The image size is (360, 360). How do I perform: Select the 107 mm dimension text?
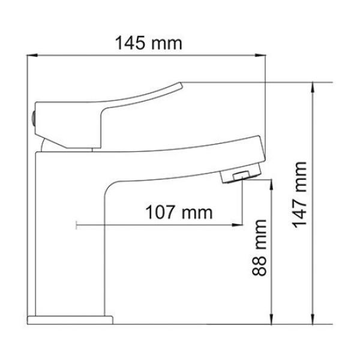(x=172, y=212)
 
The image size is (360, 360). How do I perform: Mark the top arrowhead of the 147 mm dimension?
(x=313, y=86)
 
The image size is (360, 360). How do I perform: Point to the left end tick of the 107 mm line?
(x=76, y=226)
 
